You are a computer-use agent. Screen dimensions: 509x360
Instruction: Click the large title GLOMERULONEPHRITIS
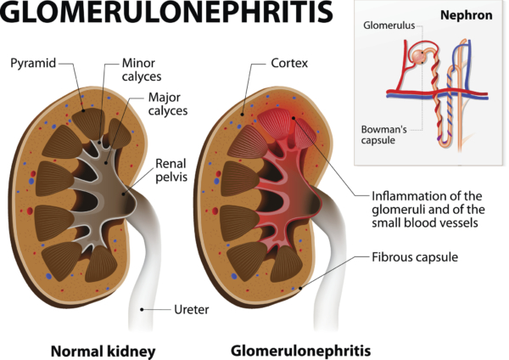point(167,13)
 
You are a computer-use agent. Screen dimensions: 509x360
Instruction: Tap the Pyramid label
point(33,63)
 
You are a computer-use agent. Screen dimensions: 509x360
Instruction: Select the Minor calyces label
point(142,70)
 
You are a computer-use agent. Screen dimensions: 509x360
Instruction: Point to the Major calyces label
point(168,104)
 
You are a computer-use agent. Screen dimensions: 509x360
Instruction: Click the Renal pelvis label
point(171,171)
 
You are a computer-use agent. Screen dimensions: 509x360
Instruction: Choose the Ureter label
point(192,310)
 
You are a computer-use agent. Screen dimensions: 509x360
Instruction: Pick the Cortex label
point(289,63)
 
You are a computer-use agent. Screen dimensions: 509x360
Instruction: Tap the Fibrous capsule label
point(415,257)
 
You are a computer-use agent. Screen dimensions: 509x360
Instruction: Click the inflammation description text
point(428,210)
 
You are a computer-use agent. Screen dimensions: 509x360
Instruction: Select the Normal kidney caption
point(103,352)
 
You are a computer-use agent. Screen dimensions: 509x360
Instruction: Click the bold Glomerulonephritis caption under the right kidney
point(300,351)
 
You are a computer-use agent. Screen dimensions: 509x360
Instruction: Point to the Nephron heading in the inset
point(466,15)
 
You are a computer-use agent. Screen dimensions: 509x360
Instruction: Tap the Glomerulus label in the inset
point(389,25)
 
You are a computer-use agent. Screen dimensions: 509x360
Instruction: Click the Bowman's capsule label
point(383,135)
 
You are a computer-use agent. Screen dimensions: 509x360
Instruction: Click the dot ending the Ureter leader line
point(142,310)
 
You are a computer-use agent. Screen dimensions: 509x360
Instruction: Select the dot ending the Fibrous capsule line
point(300,288)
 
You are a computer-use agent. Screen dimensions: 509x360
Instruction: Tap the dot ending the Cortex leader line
point(242,115)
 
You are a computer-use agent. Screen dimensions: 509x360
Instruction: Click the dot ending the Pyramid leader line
point(83,110)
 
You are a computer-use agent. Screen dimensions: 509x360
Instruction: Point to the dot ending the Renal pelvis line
point(123,194)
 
